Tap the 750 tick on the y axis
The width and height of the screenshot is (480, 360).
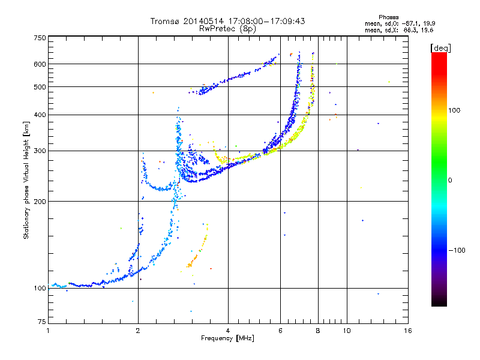pyautogui.click(x=40, y=38)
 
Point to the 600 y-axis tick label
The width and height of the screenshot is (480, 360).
pyautogui.click(x=40, y=64)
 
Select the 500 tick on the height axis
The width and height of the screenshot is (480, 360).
pyautogui.click(x=40, y=87)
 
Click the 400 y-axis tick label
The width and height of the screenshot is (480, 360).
pyautogui.click(x=40, y=115)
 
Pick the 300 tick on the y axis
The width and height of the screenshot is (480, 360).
pyautogui.click(x=40, y=151)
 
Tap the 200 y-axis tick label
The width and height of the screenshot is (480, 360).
pyautogui.click(x=40, y=201)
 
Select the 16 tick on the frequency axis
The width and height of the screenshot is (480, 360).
pyautogui.click(x=407, y=331)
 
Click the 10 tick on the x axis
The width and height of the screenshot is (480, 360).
pyautogui.click(x=346, y=331)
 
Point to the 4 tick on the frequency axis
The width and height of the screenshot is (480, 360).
pyautogui.click(x=228, y=331)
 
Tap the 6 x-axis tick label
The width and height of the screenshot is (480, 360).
pyautogui.click(x=280, y=331)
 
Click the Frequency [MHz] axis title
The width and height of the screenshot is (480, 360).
pyautogui.click(x=227, y=338)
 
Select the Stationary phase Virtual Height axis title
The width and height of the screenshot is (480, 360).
pyautogui.click(x=26, y=180)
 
